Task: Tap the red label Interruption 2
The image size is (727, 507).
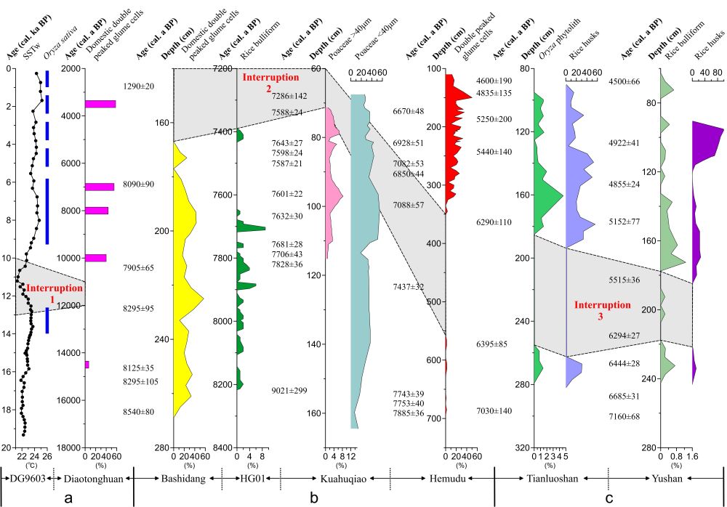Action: click(270, 81)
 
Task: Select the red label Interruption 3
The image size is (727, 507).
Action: click(602, 310)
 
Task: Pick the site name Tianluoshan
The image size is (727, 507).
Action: click(547, 477)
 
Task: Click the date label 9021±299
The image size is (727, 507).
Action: click(289, 391)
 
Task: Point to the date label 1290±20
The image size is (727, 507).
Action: click(139, 86)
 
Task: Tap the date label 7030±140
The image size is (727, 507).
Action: click(494, 411)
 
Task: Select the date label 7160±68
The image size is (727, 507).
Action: click(624, 416)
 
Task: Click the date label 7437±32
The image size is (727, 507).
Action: click(408, 287)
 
